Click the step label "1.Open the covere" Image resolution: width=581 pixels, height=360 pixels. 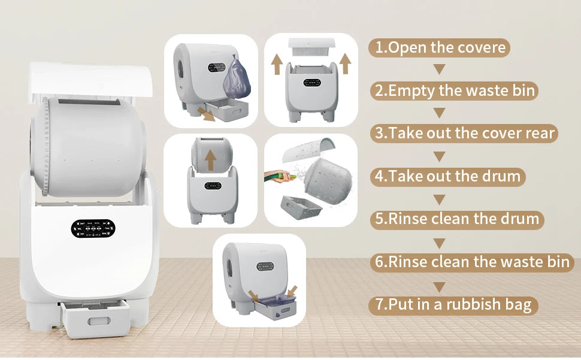pyautogui.click(x=440, y=48)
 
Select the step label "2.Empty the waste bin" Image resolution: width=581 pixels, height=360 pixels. pyautogui.click(x=454, y=90)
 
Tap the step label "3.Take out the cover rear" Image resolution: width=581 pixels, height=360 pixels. pyautogui.click(x=464, y=134)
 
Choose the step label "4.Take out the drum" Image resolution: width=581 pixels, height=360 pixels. pyautogui.click(x=447, y=176)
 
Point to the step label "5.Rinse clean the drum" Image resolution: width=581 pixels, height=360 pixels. pyautogui.click(x=457, y=219)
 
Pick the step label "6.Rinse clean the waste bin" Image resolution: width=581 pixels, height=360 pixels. pyautogui.click(x=472, y=262)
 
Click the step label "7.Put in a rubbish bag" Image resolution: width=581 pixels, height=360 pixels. pyautogui.click(x=453, y=305)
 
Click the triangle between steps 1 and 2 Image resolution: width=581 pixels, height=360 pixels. pyautogui.click(x=440, y=69)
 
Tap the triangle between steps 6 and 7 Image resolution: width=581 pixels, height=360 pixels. pyautogui.click(x=440, y=287)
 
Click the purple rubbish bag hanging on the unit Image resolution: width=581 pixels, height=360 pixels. pyautogui.click(x=236, y=78)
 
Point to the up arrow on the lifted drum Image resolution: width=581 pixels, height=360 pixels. pyautogui.click(x=210, y=160)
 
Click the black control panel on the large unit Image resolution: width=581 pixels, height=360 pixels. pyautogui.click(x=93, y=228)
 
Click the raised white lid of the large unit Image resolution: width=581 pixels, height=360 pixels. pyautogui.click(x=91, y=80)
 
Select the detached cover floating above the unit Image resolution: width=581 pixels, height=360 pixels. pyautogui.click(x=311, y=47)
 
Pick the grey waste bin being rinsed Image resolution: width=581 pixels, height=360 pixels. pyautogui.click(x=301, y=208)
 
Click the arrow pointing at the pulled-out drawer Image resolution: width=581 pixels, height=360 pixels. pyautogui.click(x=206, y=114)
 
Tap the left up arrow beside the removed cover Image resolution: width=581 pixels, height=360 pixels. pyautogui.click(x=277, y=64)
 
